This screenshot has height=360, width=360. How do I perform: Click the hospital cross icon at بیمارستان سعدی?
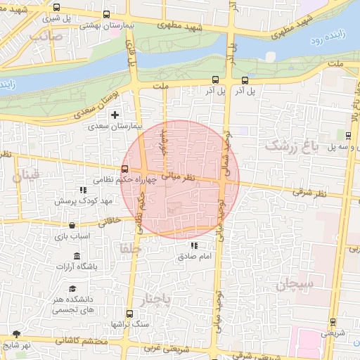tap(115, 114)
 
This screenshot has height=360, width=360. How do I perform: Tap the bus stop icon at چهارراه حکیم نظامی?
tap(125, 169)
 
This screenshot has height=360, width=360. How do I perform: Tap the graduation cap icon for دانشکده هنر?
tap(73, 289)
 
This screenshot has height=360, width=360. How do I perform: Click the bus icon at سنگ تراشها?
tap(129, 314)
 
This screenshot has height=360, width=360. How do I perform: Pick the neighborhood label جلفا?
tap(131, 248)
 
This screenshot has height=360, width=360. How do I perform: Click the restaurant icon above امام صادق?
tap(194, 245)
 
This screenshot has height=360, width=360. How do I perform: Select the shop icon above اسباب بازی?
tap(72, 225)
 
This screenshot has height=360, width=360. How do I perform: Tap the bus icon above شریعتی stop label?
tap(333, 322)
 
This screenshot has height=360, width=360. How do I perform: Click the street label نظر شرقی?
tap(307, 191)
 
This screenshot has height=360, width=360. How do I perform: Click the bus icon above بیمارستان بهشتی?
tap(106, 14)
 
